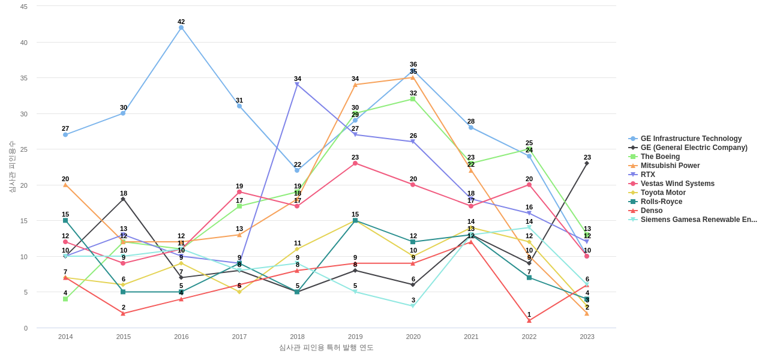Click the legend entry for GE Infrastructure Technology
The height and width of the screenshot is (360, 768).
[x=691, y=139]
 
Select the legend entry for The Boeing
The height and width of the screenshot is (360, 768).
[x=660, y=157]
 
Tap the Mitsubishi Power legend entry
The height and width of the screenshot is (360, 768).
[x=670, y=166]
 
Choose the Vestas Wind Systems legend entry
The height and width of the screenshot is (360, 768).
[x=677, y=184]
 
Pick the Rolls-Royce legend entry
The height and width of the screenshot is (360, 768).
[x=661, y=202]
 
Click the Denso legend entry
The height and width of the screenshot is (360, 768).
[x=651, y=211]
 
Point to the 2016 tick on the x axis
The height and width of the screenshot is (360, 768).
[x=181, y=337]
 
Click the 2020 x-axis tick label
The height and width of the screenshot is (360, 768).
[x=413, y=337]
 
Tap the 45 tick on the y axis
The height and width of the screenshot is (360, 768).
[x=24, y=7]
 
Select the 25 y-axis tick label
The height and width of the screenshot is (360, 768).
[x=24, y=149]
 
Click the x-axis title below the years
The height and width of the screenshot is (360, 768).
[x=326, y=347]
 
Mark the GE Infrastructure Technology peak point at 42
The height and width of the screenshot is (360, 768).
[x=181, y=28]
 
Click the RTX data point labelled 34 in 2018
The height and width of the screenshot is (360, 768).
[x=297, y=85]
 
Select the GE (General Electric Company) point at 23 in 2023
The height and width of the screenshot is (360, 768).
[x=587, y=163]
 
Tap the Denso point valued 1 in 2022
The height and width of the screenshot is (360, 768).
[x=529, y=320]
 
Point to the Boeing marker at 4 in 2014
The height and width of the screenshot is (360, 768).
[x=65, y=299]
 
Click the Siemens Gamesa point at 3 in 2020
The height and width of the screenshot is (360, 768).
[x=413, y=306]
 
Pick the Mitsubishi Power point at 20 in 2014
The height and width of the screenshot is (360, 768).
[x=65, y=185]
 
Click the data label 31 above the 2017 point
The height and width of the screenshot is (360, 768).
[x=239, y=100]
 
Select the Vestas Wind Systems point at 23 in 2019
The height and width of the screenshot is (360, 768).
[x=355, y=163]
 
